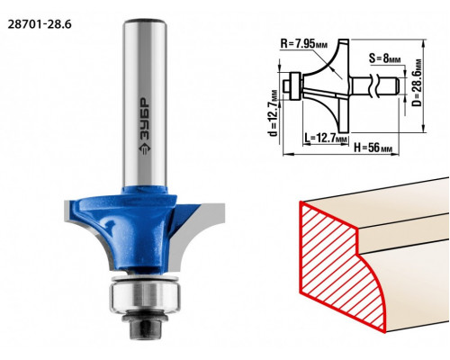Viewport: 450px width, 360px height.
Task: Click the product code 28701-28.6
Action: click(40, 24)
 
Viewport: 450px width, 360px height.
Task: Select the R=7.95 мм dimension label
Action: click(304, 44)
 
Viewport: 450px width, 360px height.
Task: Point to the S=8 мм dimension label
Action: click(385, 58)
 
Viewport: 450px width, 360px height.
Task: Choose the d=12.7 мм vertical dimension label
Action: click(274, 112)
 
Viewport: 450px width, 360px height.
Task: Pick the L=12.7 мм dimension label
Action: click(326, 139)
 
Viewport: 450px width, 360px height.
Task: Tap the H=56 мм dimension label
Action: click(373, 148)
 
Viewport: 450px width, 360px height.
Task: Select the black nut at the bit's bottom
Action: click(145, 329)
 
